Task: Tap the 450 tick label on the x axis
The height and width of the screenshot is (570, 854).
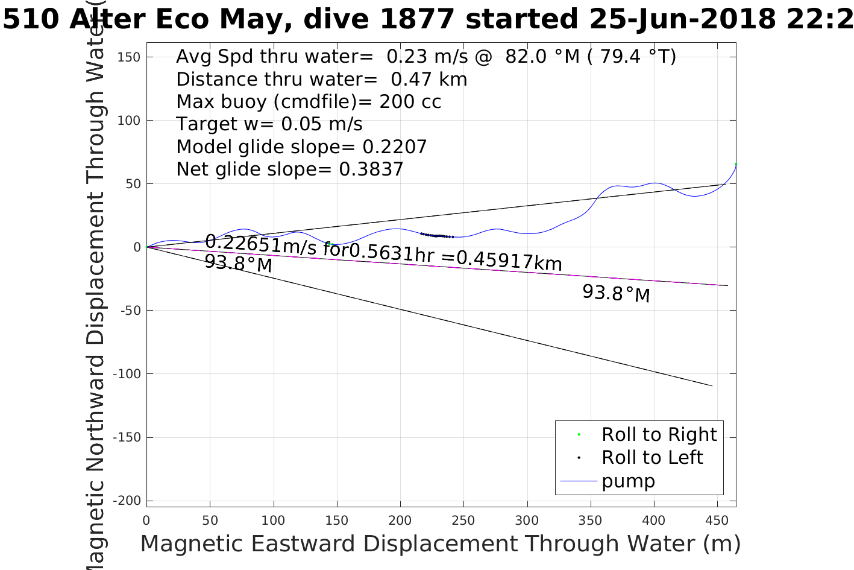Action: coord(717,521)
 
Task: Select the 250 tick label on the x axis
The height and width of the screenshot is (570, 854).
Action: coord(463,521)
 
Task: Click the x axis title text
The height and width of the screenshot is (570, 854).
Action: coord(440,543)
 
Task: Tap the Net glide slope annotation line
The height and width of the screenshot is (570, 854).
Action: coord(289,169)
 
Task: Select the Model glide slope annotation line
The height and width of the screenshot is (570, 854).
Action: coord(301,147)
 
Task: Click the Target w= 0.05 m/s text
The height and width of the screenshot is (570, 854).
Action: coord(269,124)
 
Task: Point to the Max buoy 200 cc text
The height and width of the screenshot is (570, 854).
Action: coord(309,101)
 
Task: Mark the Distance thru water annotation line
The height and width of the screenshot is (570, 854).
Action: coord(321,79)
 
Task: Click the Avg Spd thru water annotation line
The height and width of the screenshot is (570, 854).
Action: coord(425,57)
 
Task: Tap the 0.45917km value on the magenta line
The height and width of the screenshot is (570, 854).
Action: coord(509,261)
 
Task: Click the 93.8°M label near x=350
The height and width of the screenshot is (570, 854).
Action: coord(616,294)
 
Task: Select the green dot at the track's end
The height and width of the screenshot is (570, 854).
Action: coord(736,164)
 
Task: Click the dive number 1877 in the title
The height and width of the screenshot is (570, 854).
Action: coord(417,19)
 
